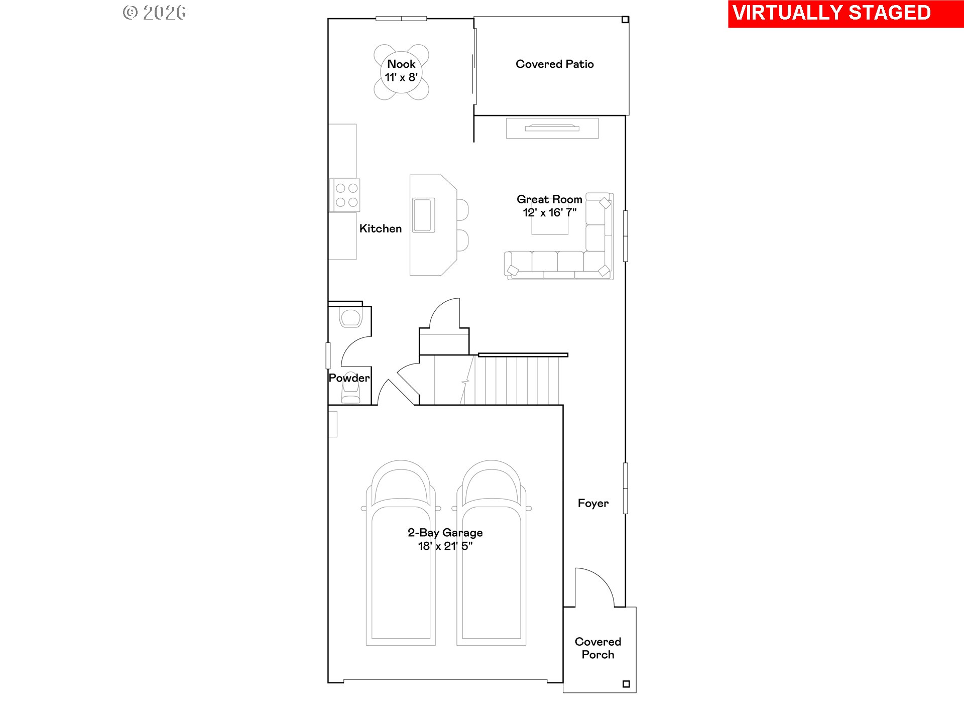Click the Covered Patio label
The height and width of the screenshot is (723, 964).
(555, 64)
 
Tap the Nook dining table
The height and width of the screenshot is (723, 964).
(401, 72)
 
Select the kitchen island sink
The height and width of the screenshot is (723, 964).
(423, 215)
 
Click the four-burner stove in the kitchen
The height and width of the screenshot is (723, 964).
(345, 195)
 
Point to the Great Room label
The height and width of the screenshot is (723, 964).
(549, 199)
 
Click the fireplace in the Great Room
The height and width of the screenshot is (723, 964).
(552, 128)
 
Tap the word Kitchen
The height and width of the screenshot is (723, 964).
(381, 229)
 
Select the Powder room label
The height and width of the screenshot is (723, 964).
(349, 378)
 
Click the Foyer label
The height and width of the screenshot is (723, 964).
(593, 504)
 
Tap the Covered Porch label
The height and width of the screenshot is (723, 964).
(598, 648)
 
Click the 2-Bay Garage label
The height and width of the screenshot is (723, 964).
(445, 533)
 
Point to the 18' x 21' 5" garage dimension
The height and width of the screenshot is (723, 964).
(445, 546)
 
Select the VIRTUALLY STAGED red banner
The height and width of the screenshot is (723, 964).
(846, 14)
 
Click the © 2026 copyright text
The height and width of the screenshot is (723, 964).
(155, 13)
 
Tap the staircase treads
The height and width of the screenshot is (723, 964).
(517, 381)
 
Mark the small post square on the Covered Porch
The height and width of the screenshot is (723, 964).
(626, 684)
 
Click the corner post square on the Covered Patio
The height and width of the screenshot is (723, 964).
(625, 20)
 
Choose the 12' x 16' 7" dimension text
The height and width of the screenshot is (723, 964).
(550, 213)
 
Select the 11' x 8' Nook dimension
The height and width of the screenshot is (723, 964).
(401, 77)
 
